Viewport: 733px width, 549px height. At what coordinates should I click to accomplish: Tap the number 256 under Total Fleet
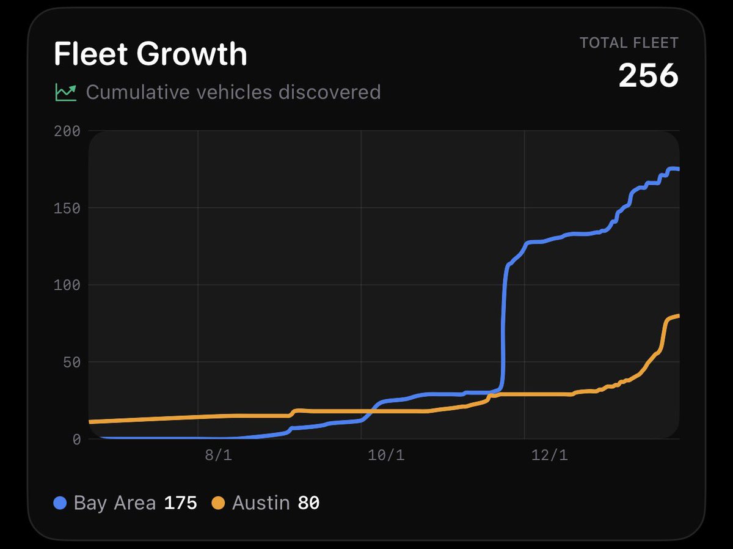(x=648, y=76)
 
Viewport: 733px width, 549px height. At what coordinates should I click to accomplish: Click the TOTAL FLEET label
(x=629, y=43)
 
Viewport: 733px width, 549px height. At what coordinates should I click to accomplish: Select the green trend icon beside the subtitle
(x=65, y=92)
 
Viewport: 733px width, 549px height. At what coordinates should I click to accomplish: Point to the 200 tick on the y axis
(x=67, y=131)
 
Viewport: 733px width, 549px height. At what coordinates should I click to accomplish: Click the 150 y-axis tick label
(x=67, y=208)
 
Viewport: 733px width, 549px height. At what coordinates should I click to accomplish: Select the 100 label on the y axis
(x=67, y=285)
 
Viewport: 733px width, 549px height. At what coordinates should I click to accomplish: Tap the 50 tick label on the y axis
(x=71, y=362)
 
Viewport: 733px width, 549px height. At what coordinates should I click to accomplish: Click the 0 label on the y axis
(x=76, y=439)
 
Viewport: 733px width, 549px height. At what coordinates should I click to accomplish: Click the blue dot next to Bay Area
(x=60, y=503)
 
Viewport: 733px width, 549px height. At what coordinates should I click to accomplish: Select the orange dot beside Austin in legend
(x=219, y=503)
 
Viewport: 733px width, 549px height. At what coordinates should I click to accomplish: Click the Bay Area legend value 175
(x=180, y=503)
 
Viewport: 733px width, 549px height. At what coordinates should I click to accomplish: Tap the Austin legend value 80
(x=308, y=503)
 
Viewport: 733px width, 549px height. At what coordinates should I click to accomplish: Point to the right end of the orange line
(x=678, y=316)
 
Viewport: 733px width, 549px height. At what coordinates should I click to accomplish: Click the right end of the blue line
(x=678, y=169)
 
